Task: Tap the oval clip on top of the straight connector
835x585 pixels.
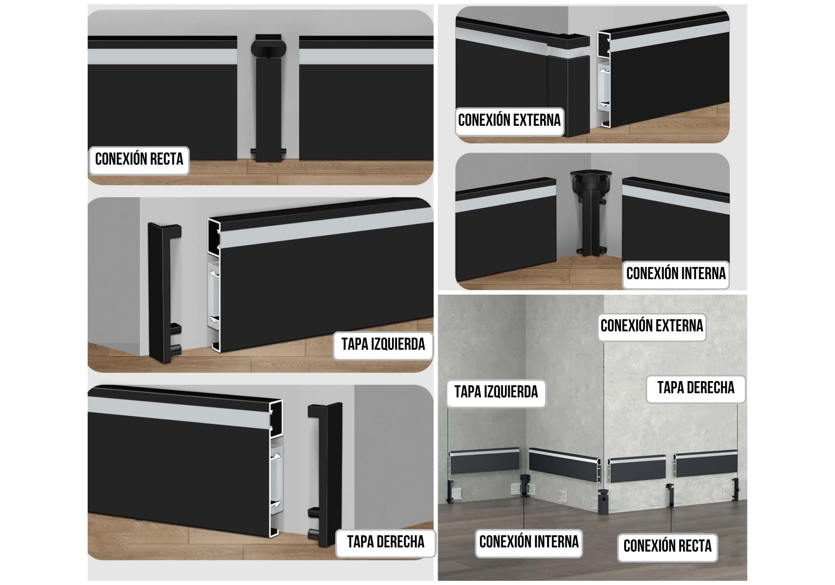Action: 268,48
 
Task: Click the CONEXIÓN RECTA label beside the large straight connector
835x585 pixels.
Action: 139,159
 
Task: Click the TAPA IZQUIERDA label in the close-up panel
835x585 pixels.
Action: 383,344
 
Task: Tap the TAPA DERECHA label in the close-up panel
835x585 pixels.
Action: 386,542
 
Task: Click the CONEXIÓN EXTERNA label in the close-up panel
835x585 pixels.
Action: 509,120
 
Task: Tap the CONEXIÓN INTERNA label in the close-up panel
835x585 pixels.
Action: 676,274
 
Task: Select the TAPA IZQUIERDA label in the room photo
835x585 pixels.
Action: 496,392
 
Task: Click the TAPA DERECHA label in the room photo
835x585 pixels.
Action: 696,388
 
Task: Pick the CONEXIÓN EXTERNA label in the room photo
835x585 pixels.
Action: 652,326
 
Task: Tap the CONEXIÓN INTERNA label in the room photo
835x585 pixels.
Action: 529,542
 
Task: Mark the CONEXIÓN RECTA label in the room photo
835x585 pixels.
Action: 667,546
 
